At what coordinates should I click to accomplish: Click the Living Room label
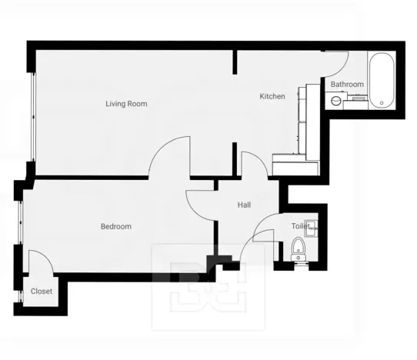coord(126,103)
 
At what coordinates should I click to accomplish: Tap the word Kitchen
coord(272,96)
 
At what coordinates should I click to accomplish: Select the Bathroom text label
coord(346,84)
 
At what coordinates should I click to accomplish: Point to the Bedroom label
coord(115,226)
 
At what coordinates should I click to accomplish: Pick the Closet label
coord(42,292)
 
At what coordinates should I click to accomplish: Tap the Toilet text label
coord(299,226)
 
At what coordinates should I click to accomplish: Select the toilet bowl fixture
coord(299,249)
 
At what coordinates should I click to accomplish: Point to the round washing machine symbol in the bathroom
coord(335,100)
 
